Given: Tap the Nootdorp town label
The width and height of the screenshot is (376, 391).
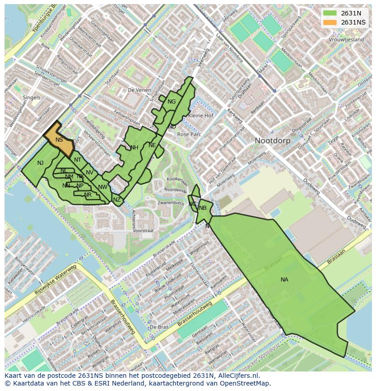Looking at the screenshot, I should (272, 141).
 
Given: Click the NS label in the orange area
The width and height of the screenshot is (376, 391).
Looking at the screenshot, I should (59, 140).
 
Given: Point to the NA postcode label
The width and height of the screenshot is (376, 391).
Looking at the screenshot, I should (284, 280).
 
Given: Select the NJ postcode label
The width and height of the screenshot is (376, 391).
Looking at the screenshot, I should (40, 163).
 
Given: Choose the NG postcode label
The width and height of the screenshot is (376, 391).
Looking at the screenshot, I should (171, 102).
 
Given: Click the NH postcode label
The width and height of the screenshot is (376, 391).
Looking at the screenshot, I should (134, 148).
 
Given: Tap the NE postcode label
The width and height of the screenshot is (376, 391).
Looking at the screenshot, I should (152, 145).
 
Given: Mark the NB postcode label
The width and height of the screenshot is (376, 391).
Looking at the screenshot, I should (203, 208).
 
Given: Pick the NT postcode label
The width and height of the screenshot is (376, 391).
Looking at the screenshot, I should (78, 160).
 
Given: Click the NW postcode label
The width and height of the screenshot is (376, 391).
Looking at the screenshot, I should (103, 187).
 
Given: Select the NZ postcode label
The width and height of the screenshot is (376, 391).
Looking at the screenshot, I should (117, 200).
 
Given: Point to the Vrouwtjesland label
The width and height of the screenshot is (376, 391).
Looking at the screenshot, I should (346, 40).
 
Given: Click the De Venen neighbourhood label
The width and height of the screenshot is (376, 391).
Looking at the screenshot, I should (139, 90).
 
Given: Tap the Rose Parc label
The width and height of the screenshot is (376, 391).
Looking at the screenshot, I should (189, 134).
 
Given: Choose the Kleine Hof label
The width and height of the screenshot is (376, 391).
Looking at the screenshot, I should (200, 116).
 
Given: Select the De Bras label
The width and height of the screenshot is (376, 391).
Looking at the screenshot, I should (159, 327).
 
